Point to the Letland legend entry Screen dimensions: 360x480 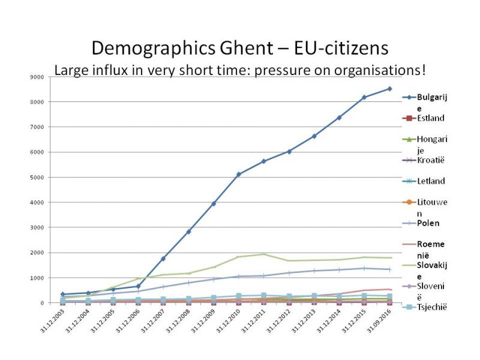click(431, 181)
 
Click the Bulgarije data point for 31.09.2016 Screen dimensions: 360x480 click(389, 89)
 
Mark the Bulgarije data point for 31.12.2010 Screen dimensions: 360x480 click(239, 174)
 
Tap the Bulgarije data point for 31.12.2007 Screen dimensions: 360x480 click(163, 259)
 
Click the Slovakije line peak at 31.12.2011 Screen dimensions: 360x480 click(263, 254)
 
